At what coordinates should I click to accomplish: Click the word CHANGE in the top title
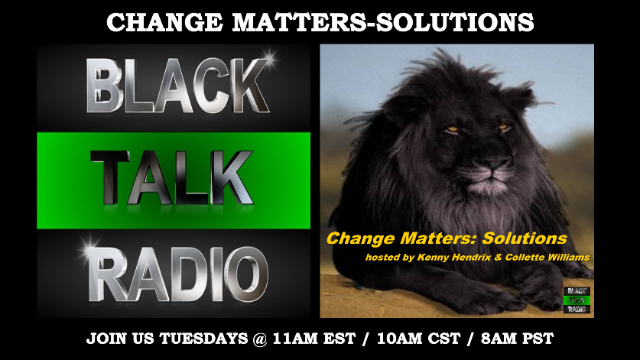pyautogui.click(x=164, y=22)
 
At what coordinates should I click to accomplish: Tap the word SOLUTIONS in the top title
pyautogui.click(x=455, y=22)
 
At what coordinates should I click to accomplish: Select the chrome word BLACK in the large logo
pyautogui.click(x=178, y=86)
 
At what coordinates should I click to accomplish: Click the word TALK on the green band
pyautogui.click(x=172, y=177)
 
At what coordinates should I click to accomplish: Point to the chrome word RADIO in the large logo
pyautogui.click(x=178, y=274)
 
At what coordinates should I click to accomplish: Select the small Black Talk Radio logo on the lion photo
pyautogui.click(x=577, y=300)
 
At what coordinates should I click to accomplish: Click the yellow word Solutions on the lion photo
pyautogui.click(x=525, y=238)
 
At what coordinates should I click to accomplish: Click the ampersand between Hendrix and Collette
pyautogui.click(x=498, y=258)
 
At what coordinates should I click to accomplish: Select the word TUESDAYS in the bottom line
pyautogui.click(x=203, y=339)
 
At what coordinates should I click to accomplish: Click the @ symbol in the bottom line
pyautogui.click(x=260, y=339)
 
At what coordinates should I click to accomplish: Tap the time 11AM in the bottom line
pyautogui.click(x=294, y=339)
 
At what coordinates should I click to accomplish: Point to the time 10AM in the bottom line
pyautogui.click(x=398, y=339)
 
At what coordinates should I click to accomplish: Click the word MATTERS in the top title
pyautogui.click(x=299, y=22)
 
